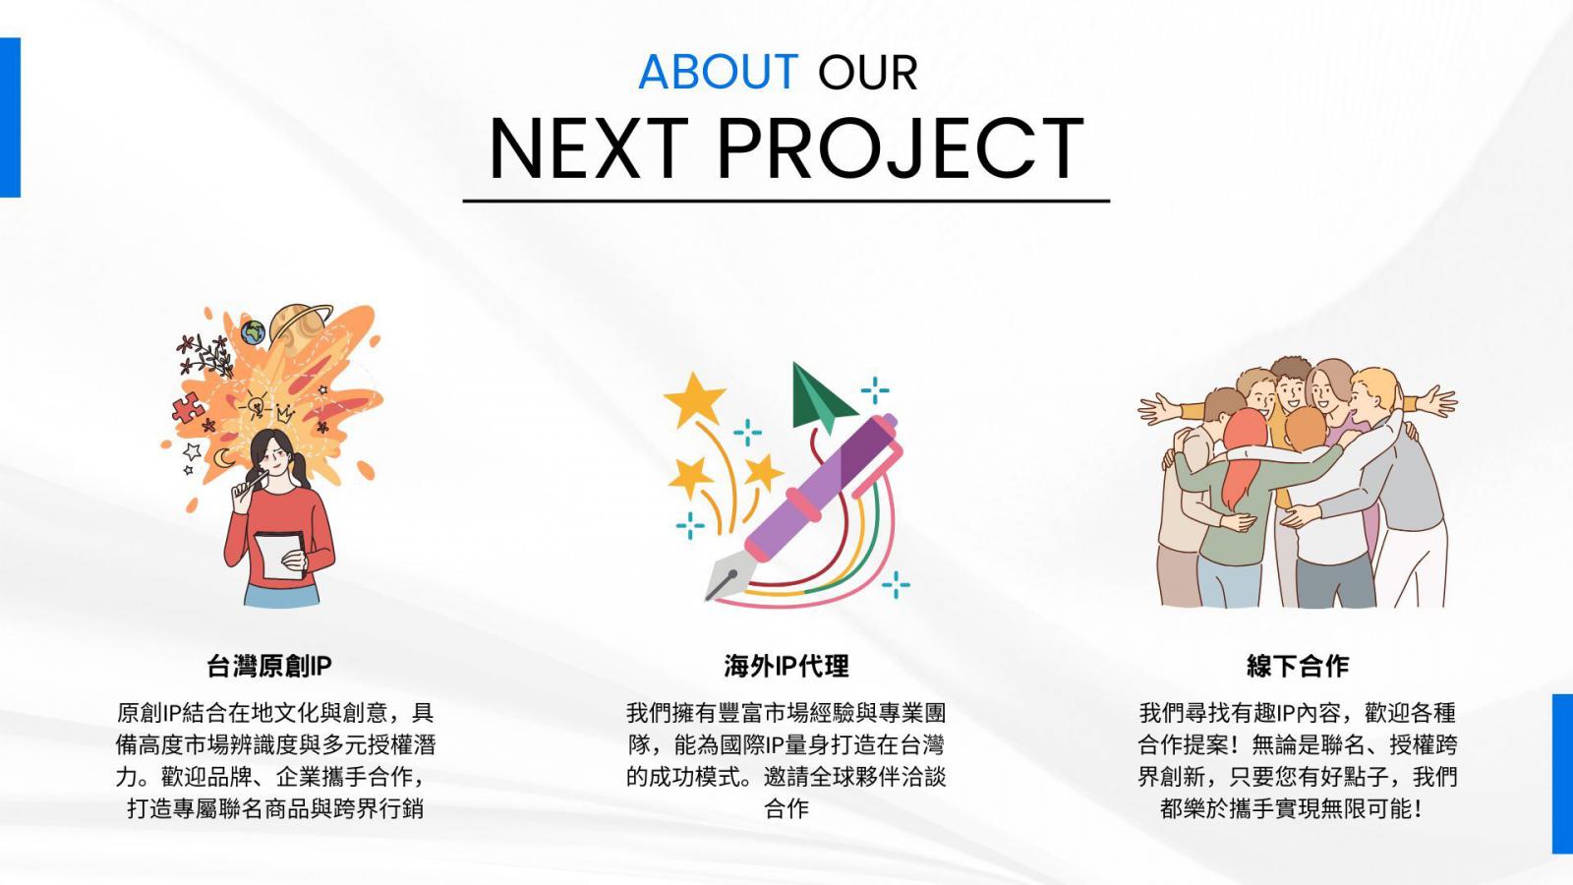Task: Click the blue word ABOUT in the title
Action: point(718,72)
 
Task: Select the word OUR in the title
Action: point(868,73)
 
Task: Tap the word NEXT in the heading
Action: point(589,148)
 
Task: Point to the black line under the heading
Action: point(786,201)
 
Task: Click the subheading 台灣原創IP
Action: point(269,666)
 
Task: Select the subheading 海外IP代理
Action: point(786,666)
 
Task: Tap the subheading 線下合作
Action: point(1298,666)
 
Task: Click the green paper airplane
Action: point(819,399)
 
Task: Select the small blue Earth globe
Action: point(253,332)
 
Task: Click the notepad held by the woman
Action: point(280,555)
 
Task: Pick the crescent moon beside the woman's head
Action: point(223,458)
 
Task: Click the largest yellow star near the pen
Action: point(694,399)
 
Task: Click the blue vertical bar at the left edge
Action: point(11,117)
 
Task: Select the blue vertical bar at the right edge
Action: point(1562,773)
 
